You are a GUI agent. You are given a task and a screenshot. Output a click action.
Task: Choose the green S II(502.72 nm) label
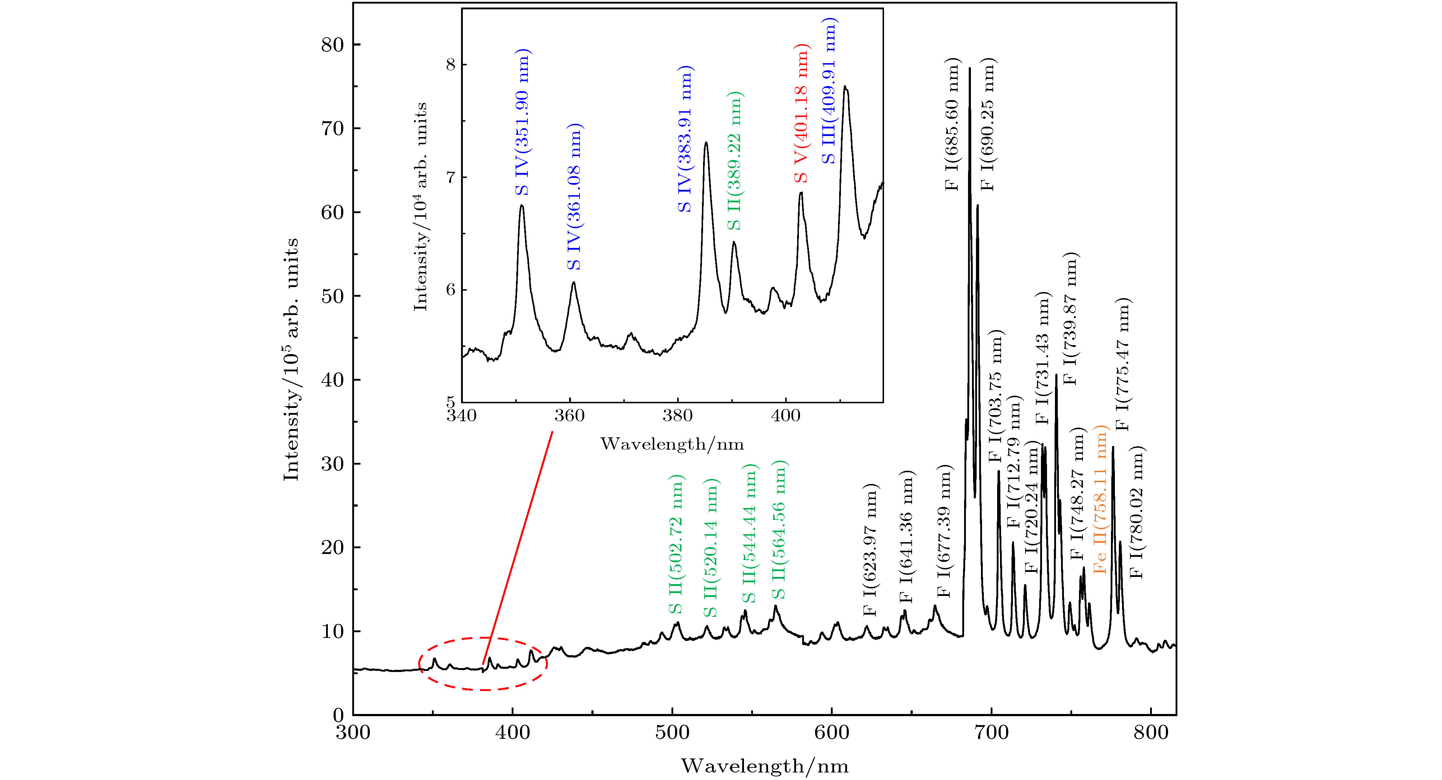(x=676, y=544)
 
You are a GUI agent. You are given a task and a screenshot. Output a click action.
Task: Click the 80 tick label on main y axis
(x=332, y=45)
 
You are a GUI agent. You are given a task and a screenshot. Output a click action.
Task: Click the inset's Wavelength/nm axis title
(x=672, y=444)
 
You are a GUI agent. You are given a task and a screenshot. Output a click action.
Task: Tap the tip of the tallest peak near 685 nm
(x=969, y=69)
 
